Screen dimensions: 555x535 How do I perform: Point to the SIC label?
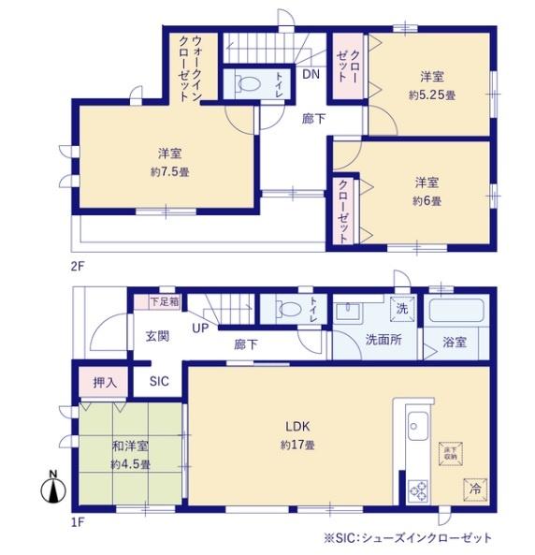[160, 382]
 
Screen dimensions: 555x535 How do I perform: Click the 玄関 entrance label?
[156, 336]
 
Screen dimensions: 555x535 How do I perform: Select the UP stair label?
[200, 329]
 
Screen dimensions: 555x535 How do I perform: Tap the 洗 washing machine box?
[400, 308]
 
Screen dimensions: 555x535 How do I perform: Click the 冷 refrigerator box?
[475, 487]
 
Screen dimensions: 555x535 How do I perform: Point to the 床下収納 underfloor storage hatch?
[451, 452]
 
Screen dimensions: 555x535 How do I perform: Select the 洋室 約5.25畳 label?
[431, 86]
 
